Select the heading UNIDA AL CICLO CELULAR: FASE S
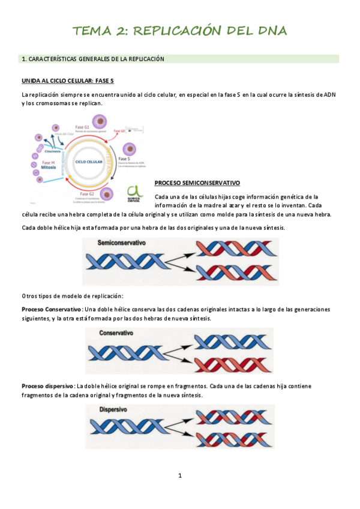pyautogui.click(x=67, y=80)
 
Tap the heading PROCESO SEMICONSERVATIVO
pyautogui.click(x=197, y=182)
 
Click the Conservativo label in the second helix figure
pyautogui.click(x=116, y=332)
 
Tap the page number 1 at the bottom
pyautogui.click(x=179, y=476)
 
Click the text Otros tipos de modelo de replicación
pyautogui.click(x=73, y=296)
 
